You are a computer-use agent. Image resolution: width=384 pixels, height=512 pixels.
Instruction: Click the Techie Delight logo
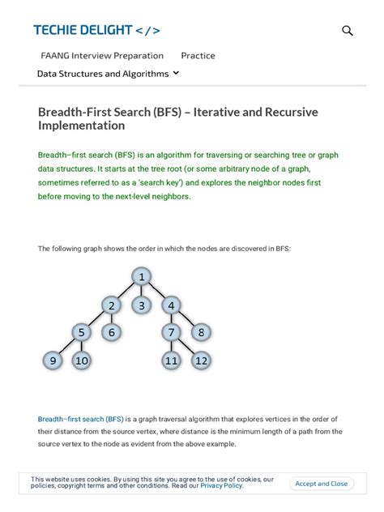pyautogui.click(x=96, y=31)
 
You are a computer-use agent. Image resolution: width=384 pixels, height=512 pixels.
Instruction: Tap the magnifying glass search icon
pyautogui.click(x=348, y=31)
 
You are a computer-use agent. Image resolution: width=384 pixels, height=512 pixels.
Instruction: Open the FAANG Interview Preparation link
pyautogui.click(x=102, y=55)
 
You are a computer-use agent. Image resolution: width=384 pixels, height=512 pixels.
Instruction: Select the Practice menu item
pyautogui.click(x=198, y=55)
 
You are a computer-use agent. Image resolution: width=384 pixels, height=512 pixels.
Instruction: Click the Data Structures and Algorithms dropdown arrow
pyautogui.click(x=177, y=73)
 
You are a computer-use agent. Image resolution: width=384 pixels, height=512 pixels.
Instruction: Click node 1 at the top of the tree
pyautogui.click(x=142, y=277)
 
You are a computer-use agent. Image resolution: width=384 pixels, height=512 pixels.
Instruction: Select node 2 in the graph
pyautogui.click(x=112, y=305)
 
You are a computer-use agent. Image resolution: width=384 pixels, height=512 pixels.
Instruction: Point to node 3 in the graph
pyautogui.click(x=142, y=305)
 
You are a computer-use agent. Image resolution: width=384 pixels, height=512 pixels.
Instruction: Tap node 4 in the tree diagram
pyautogui.click(x=171, y=305)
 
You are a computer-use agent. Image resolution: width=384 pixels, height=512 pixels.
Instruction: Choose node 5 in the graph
pyautogui.click(x=82, y=332)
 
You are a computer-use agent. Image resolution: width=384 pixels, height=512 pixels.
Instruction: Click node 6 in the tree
pyautogui.click(x=112, y=332)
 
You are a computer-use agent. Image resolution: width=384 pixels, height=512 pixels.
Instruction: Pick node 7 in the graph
pyautogui.click(x=171, y=332)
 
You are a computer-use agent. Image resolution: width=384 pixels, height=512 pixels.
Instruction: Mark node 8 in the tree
pyautogui.click(x=201, y=332)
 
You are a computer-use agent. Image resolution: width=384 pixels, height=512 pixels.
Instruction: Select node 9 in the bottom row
pyautogui.click(x=52, y=361)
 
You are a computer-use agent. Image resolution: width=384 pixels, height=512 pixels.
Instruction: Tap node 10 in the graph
pyautogui.click(x=82, y=361)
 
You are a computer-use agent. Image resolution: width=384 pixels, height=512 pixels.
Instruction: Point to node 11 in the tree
pyautogui.click(x=171, y=361)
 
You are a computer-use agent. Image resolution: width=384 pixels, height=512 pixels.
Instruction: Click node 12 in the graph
pyautogui.click(x=201, y=361)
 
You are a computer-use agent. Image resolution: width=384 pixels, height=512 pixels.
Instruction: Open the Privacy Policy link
pyautogui.click(x=221, y=486)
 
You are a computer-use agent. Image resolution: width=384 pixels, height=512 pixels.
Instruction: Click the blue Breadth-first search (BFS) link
pyautogui.click(x=81, y=419)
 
